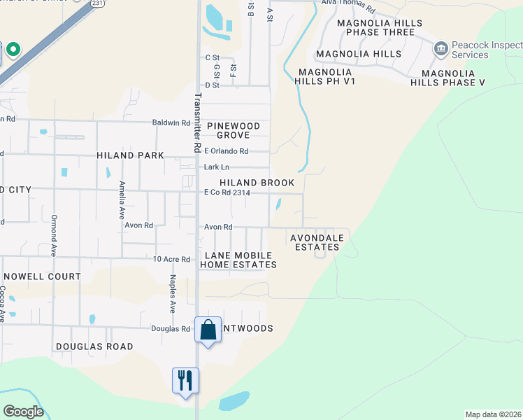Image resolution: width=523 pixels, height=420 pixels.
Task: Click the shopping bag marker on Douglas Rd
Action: point(208,329)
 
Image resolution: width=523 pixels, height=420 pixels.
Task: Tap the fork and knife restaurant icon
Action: point(185,380)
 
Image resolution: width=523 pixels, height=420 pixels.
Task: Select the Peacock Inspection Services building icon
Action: point(440,48)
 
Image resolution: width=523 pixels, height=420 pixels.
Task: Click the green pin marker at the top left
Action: point(13,50)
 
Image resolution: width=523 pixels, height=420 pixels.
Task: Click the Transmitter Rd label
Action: point(198,123)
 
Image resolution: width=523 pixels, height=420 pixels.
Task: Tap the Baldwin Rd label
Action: point(171,122)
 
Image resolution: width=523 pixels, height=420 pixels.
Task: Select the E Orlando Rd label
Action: point(226,151)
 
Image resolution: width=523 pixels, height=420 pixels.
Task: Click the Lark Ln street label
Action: point(216,167)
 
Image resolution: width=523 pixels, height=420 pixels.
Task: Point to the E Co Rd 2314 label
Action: point(227,192)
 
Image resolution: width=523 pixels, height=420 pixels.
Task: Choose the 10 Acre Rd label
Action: point(172,259)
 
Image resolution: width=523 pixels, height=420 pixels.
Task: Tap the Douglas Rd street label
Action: point(171,328)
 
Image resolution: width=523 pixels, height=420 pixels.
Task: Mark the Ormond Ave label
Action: point(54,231)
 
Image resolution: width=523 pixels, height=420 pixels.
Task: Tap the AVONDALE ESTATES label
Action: point(318,242)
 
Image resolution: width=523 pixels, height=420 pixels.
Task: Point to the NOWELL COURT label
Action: point(42,276)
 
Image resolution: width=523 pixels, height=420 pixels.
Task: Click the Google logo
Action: point(23,412)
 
